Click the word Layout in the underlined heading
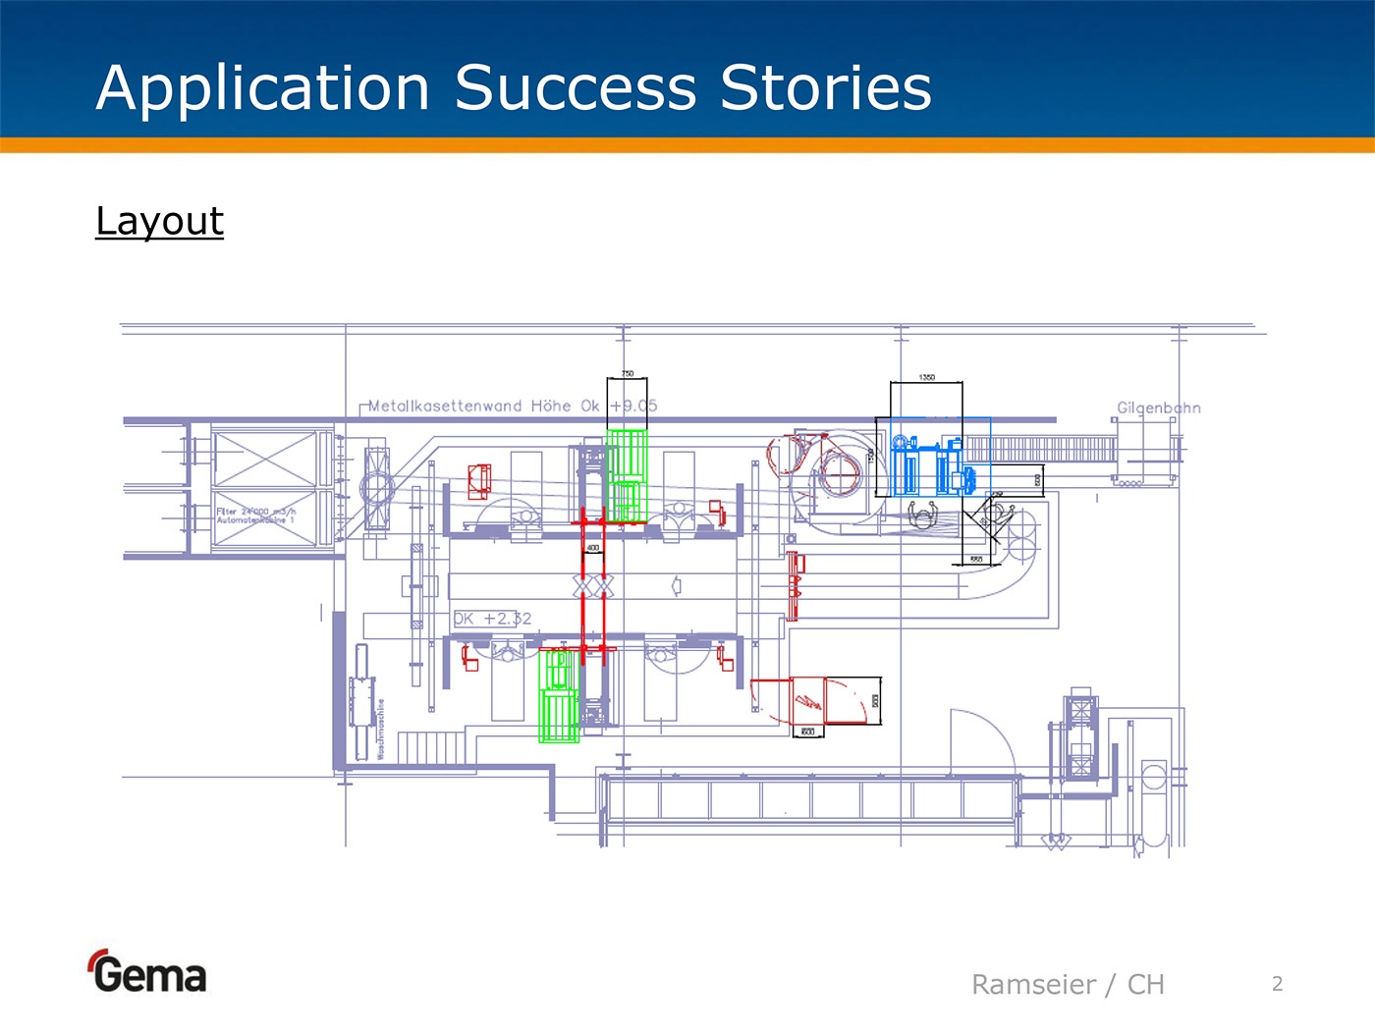pyautogui.click(x=159, y=221)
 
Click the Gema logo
pyautogui.click(x=147, y=973)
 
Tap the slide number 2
pyautogui.click(x=1277, y=984)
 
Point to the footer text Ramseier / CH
pyautogui.click(x=1068, y=985)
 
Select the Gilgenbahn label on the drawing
pyautogui.click(x=1158, y=407)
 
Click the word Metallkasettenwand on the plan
pyautogui.click(x=445, y=406)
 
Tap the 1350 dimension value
pyautogui.click(x=926, y=377)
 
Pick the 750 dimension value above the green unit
pyautogui.click(x=628, y=374)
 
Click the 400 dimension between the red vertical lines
pyautogui.click(x=593, y=548)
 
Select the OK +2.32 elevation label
pyautogui.click(x=492, y=619)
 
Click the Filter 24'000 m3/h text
pyautogui.click(x=255, y=512)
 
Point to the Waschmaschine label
pyautogui.click(x=380, y=729)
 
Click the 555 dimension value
pyautogui.click(x=976, y=560)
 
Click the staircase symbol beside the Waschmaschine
pyautogui.click(x=431, y=748)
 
